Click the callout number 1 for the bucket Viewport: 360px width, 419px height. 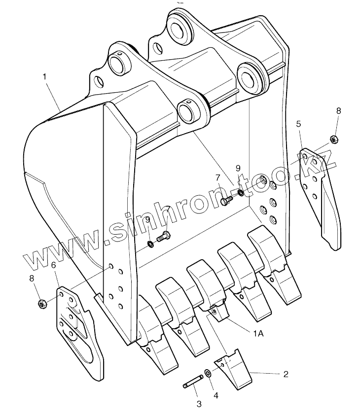[x=44, y=76]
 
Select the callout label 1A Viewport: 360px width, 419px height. [x=258, y=334]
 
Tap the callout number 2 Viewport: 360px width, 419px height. [x=285, y=374]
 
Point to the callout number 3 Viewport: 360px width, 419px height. [x=199, y=404]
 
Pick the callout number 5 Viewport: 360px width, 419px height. [x=298, y=124]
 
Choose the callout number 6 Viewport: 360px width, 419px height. [x=53, y=266]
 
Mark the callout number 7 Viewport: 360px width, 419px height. [x=217, y=177]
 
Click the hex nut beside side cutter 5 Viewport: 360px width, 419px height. [x=333, y=140]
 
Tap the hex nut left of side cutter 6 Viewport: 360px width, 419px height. [x=42, y=303]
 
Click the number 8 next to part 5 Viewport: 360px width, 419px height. [x=338, y=111]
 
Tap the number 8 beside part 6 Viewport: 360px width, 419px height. [x=32, y=279]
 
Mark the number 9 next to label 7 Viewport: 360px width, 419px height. [x=238, y=169]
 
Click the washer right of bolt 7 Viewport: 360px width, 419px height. [x=240, y=192]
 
